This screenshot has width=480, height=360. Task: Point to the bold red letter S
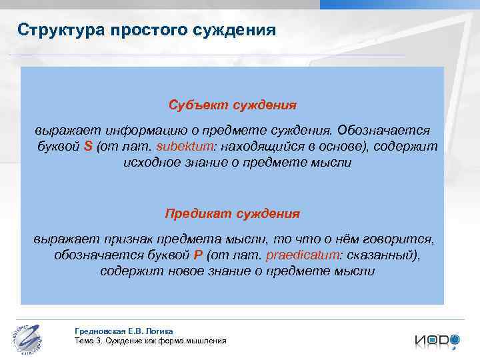coord(88,147)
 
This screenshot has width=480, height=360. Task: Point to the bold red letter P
coord(197,255)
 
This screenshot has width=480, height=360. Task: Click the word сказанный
coord(383,255)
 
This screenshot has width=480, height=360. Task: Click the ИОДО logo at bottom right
coord(436,340)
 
